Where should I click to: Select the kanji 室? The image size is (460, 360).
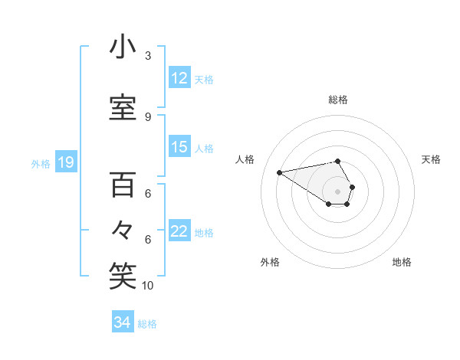(x=122, y=107)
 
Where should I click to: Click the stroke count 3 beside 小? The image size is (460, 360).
(x=148, y=55)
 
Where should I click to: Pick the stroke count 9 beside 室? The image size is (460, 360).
(x=148, y=116)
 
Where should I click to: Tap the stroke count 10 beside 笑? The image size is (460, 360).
(x=148, y=286)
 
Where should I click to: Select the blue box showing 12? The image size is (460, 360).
(x=179, y=77)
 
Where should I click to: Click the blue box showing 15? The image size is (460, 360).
(x=179, y=147)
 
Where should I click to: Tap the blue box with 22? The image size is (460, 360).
(x=179, y=231)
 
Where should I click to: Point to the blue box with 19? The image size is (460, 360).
(x=65, y=162)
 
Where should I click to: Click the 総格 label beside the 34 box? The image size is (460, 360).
(x=147, y=324)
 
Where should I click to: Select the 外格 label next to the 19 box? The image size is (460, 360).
(x=41, y=163)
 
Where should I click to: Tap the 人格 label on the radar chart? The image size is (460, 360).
(x=245, y=159)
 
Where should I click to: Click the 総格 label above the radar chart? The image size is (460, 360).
(x=337, y=100)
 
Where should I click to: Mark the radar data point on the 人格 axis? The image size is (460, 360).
(x=279, y=172)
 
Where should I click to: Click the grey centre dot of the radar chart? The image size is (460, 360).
(x=337, y=191)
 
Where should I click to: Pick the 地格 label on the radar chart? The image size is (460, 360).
(x=402, y=262)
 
